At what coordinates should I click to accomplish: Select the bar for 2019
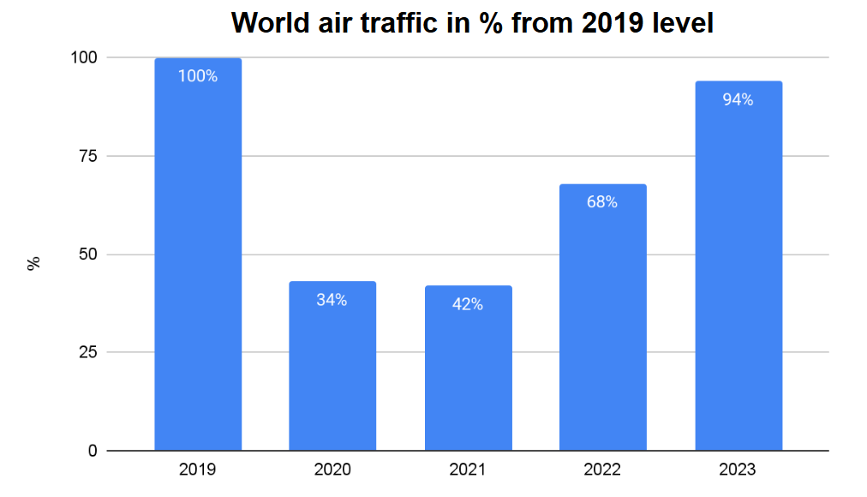point(198,257)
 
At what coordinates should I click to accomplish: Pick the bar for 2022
point(602,326)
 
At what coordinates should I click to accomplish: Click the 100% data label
point(198,76)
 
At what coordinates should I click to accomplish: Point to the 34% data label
point(332,300)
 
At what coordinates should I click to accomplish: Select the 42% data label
point(468,304)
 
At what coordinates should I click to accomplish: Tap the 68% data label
point(602,203)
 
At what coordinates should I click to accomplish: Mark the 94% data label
point(738,100)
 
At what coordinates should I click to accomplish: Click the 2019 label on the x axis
point(198,470)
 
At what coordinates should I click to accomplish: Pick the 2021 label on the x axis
point(468,470)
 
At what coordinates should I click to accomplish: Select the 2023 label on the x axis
point(738,470)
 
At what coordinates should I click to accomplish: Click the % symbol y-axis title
point(34,263)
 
